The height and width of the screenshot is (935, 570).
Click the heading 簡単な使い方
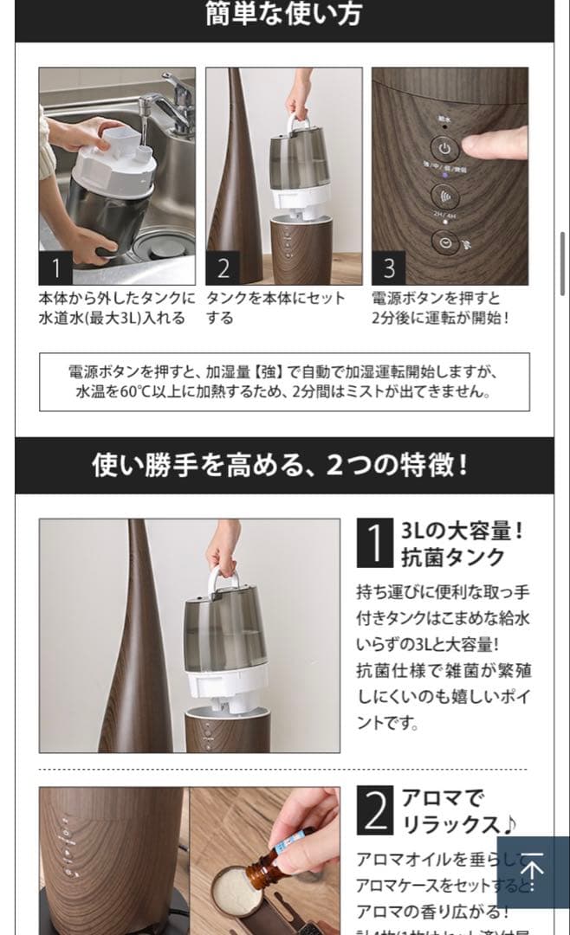284,15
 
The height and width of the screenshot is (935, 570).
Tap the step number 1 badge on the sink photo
56,268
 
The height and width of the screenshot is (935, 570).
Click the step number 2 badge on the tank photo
223,268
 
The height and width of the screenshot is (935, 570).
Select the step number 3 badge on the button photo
390,268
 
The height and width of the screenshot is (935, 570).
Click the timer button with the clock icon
444,244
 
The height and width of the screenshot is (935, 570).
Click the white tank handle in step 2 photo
299,122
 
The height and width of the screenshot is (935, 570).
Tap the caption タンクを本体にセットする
275,307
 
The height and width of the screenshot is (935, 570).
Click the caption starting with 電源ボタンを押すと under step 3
441,307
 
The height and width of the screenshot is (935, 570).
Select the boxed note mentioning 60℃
284,381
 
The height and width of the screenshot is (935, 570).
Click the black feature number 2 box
375,810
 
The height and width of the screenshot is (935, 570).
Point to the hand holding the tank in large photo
223,545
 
